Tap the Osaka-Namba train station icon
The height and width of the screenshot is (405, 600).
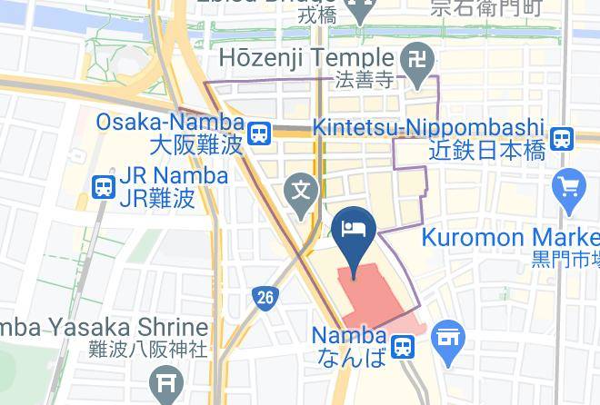[261, 133]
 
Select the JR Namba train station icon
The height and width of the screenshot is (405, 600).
[103, 187]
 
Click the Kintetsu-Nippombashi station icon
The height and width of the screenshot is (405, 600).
[563, 139]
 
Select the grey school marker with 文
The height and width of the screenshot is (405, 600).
[301, 192]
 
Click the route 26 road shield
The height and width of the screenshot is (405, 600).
[265, 297]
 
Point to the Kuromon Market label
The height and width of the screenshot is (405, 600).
[510, 239]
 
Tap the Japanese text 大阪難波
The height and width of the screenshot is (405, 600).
[196, 144]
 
